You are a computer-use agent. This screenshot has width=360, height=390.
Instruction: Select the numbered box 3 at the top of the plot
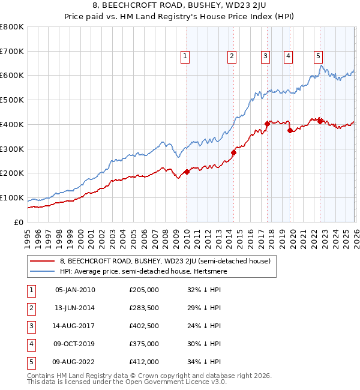265,57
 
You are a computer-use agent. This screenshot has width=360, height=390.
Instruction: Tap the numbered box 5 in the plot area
318,57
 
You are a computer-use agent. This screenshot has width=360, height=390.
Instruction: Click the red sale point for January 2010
187,172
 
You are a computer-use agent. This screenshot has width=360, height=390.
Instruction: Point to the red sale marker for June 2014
233,152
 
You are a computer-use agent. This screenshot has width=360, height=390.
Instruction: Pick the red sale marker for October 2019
290,130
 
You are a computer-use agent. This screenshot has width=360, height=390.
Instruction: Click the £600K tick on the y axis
12,76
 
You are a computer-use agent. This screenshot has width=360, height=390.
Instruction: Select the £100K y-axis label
12,197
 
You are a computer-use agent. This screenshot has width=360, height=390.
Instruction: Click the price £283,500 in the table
144,308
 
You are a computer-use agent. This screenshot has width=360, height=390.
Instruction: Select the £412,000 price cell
144,362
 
